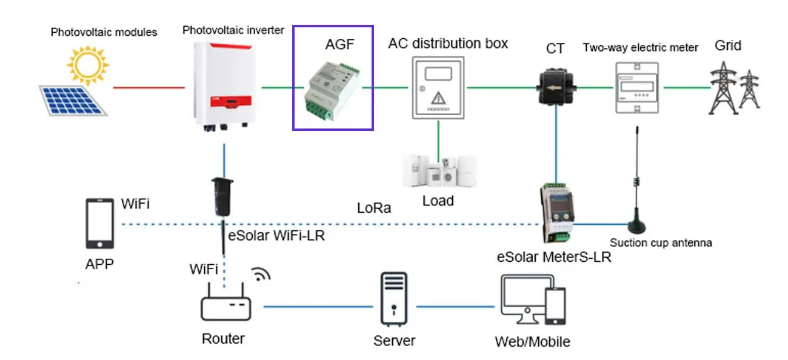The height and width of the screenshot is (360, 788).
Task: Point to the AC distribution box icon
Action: (x=438, y=87)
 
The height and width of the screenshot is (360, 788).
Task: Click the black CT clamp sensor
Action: (x=555, y=87)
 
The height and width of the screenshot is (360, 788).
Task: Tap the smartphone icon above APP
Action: (x=99, y=224)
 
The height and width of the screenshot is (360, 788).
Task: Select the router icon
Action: (x=225, y=306)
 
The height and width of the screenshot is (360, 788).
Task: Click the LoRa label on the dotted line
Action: (x=373, y=209)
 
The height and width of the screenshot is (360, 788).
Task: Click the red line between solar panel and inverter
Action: (x=149, y=87)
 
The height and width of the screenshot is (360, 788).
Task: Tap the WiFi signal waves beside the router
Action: (x=261, y=274)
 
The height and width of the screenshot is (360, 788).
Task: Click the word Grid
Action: (x=727, y=45)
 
